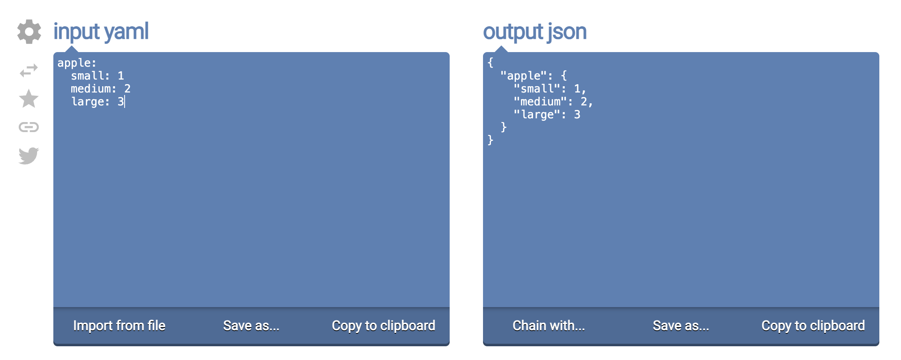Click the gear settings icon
[x=29, y=32]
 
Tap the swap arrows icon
[x=29, y=70]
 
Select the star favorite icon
[x=29, y=99]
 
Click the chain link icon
[x=29, y=127]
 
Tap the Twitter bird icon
[x=29, y=155]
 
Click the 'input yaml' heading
[x=101, y=32]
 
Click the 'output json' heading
[x=535, y=32]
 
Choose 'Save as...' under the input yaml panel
[x=251, y=325]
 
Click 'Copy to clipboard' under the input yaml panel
[x=383, y=326]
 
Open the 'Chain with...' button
[x=549, y=325]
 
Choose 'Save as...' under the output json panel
[x=681, y=325]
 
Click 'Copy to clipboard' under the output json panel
[x=813, y=326]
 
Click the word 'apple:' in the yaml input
[x=77, y=63]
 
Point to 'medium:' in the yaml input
[x=93, y=89]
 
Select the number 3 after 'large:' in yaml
[x=121, y=102]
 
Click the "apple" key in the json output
[x=523, y=76]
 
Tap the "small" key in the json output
[x=537, y=89]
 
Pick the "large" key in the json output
[x=537, y=115]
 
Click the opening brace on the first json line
[x=491, y=63]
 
